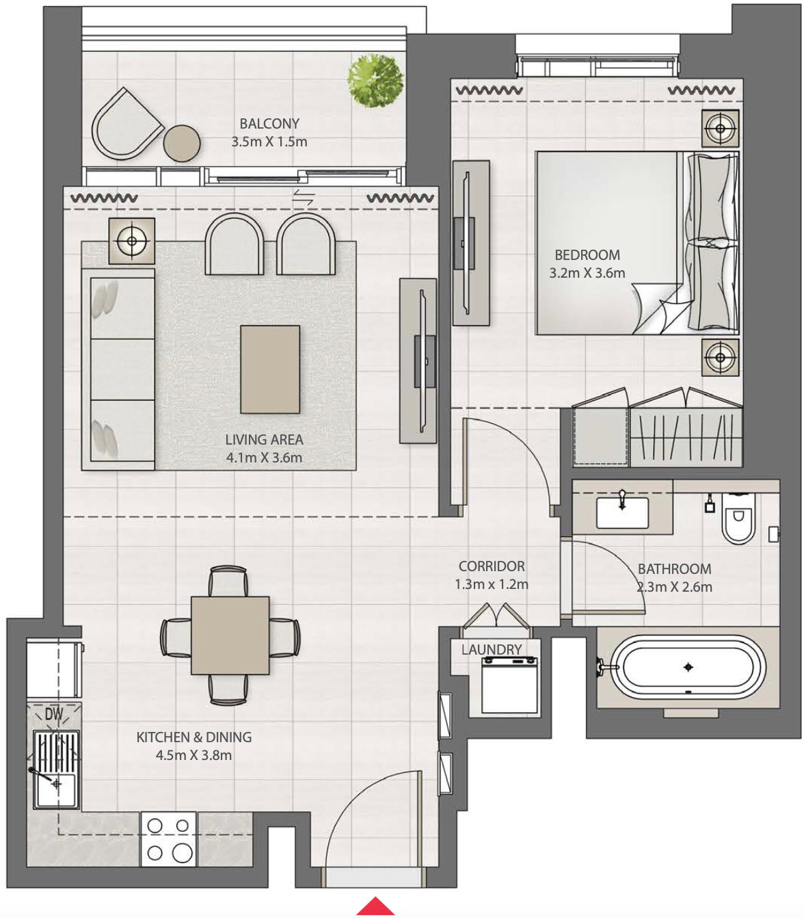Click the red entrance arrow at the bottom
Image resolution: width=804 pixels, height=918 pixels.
(375, 907)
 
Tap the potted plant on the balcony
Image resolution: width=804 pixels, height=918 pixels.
(375, 80)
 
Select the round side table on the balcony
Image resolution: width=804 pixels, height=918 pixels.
(182, 144)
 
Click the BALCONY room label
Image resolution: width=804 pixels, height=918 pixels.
(269, 124)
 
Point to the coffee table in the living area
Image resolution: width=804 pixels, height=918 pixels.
(270, 369)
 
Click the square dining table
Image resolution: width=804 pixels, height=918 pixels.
(230, 635)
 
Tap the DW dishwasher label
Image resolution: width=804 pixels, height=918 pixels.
(53, 714)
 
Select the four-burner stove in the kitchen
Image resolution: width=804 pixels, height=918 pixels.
(169, 839)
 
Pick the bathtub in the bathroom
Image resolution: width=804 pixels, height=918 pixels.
(688, 667)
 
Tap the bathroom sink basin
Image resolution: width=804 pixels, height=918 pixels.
(622, 513)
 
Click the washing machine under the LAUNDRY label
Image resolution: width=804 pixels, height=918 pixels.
(509, 684)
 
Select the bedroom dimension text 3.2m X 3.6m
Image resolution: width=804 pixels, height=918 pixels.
(587, 273)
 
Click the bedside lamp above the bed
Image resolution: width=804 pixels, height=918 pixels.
(720, 128)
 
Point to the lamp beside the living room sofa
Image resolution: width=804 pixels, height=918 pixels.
(131, 240)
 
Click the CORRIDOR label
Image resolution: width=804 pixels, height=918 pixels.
(492, 566)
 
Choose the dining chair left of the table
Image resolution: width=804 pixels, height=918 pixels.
(176, 636)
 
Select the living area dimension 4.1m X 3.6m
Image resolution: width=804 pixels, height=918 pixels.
(264, 458)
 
